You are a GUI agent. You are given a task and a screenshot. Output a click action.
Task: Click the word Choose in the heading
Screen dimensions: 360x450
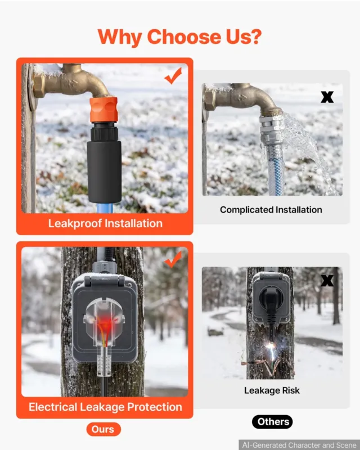[x=184, y=37]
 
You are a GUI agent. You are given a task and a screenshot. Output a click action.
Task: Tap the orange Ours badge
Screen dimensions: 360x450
[x=103, y=429]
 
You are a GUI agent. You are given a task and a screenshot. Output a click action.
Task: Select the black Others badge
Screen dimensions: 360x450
[x=272, y=422]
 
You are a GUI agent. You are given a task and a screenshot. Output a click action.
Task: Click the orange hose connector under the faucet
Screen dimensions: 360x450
[x=103, y=110]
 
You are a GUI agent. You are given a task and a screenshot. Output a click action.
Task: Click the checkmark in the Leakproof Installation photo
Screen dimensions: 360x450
[x=173, y=76]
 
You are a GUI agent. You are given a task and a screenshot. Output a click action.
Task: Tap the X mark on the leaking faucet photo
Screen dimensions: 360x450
[x=327, y=97]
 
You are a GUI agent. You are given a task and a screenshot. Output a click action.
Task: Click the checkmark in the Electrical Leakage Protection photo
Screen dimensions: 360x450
[x=173, y=259]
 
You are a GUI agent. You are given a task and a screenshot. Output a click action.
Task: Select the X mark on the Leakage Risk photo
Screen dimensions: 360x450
[x=327, y=280]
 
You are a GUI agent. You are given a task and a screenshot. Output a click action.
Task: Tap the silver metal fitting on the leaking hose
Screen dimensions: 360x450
[x=271, y=130]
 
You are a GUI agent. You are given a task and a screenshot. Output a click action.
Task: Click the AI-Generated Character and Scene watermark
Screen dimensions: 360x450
[x=299, y=445]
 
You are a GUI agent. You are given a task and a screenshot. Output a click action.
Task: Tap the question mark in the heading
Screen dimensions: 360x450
[x=254, y=37]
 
